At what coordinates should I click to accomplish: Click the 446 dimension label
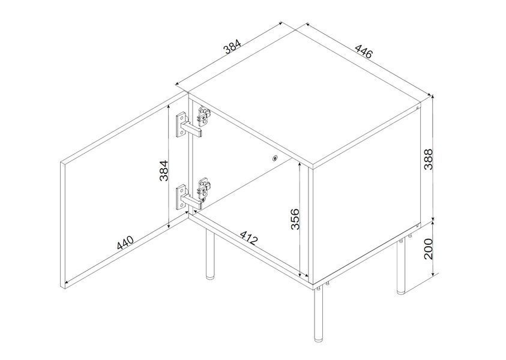pos(364,51)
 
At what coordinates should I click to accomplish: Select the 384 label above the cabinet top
pos(232,46)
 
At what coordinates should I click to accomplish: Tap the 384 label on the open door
pos(164,170)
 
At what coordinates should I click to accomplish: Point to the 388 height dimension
pos(428,159)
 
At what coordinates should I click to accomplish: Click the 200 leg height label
pos(428,249)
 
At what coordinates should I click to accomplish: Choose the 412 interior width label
pos(249,238)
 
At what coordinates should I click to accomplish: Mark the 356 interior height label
pos(295,219)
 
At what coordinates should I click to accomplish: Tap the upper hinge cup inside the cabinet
pos(204,116)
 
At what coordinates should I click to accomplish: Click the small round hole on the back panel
pos(275,158)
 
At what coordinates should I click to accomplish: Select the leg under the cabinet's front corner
pos(318,315)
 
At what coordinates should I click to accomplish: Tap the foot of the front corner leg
pos(318,340)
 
